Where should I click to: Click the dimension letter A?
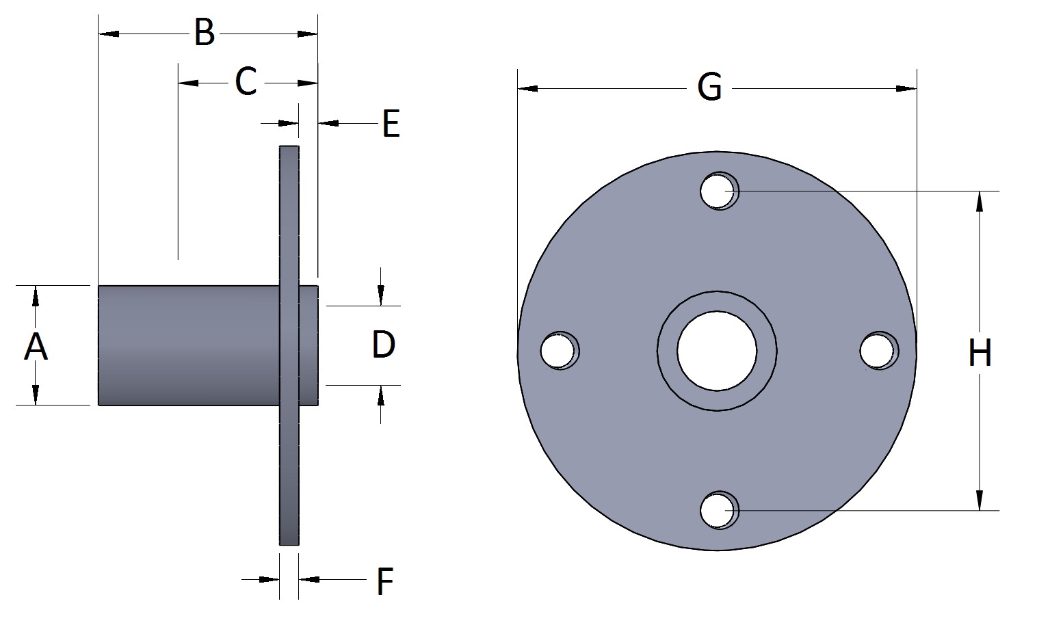click(36, 346)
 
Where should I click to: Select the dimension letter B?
click(204, 33)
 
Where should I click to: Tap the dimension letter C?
click(246, 82)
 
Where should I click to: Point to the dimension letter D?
click(383, 345)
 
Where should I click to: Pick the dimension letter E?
click(391, 124)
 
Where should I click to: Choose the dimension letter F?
click(385, 581)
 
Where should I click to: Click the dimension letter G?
click(709, 88)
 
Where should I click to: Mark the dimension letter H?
click(980, 354)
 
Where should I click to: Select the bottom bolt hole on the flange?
click(718, 510)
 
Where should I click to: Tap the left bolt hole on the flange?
click(558, 351)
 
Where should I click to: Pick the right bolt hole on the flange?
click(878, 351)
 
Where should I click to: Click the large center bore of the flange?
click(717, 351)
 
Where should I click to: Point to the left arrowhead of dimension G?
click(527, 89)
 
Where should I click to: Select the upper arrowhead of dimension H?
click(980, 202)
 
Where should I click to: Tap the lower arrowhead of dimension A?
click(36, 395)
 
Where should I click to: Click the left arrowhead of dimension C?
click(188, 83)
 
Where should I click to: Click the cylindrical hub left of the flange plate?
click(188, 345)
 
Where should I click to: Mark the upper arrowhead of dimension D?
click(381, 295)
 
